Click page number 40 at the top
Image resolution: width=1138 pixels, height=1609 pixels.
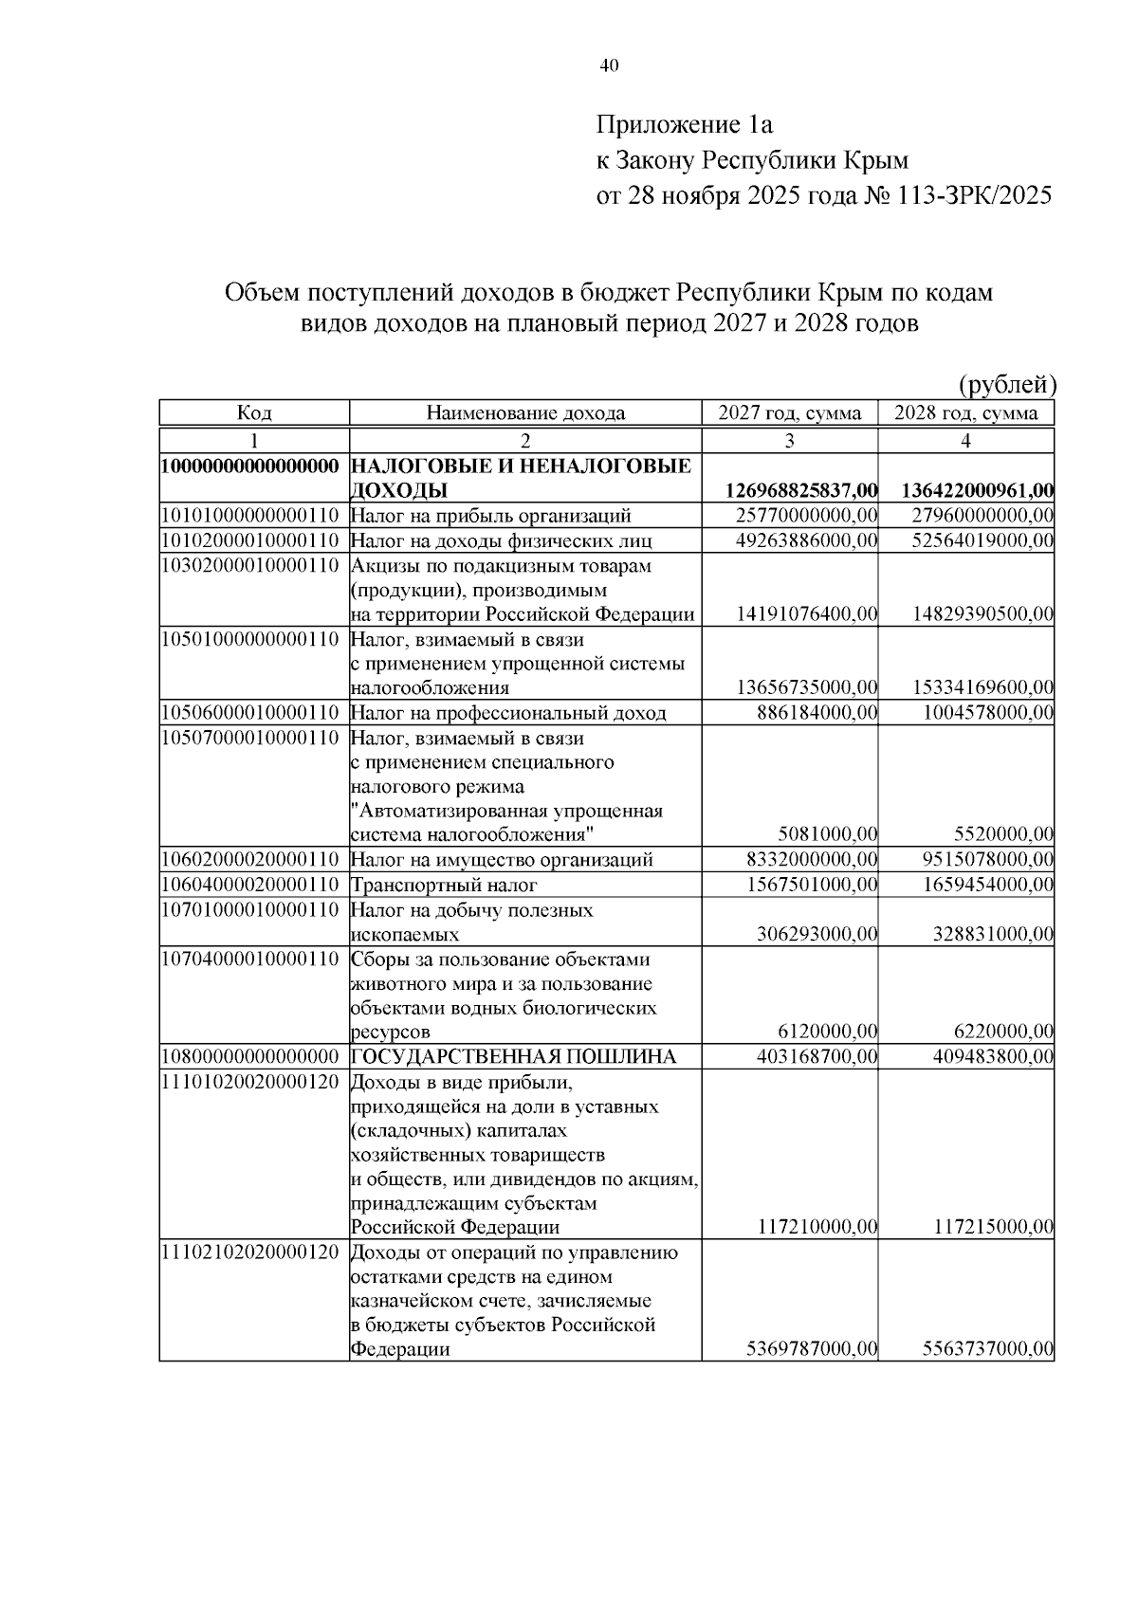click(x=609, y=65)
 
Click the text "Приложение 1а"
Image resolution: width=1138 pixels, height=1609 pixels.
click(x=685, y=124)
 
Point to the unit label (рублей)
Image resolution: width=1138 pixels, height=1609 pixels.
click(x=1007, y=384)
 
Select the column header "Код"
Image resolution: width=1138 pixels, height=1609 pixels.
click(x=254, y=413)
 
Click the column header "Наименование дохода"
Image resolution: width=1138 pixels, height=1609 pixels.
click(x=525, y=413)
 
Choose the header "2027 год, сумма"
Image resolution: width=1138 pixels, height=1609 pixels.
click(x=790, y=413)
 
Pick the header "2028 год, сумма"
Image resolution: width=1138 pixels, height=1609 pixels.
click(x=965, y=413)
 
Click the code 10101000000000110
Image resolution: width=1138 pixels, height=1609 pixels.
click(x=250, y=516)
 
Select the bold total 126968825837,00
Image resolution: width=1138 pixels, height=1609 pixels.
click(x=802, y=491)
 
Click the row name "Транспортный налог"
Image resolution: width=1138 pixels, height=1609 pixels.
click(x=444, y=885)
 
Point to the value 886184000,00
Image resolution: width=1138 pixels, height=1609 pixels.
click(x=817, y=713)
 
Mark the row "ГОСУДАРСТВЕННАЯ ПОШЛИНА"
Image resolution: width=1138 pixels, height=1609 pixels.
click(x=514, y=1056)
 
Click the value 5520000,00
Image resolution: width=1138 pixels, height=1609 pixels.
click(x=1003, y=835)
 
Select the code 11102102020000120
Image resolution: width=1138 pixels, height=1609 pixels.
click(x=250, y=1252)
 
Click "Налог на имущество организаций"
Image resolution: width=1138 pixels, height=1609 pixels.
click(x=502, y=860)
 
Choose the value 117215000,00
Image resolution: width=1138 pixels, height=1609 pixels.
click(x=994, y=1228)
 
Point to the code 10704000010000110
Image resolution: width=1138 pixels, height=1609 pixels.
click(x=250, y=959)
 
